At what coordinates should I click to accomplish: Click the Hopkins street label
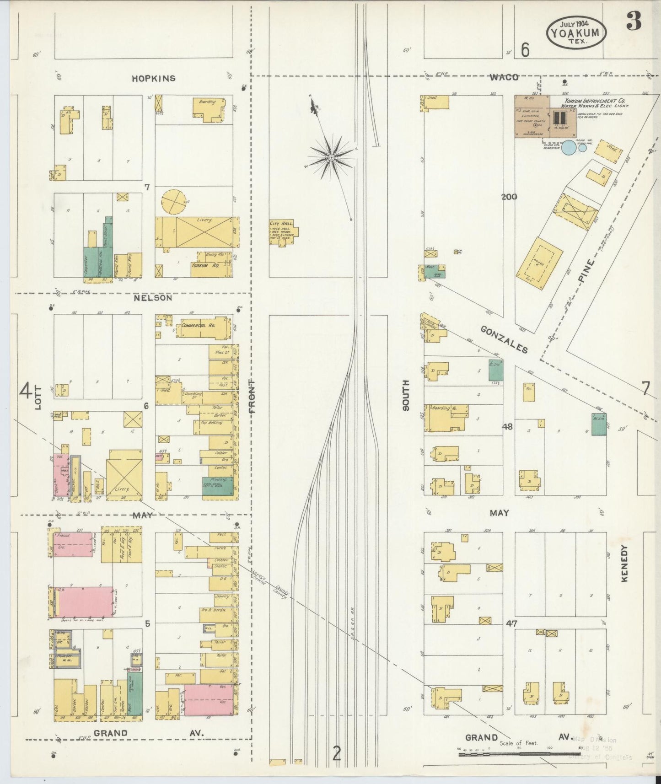pos(153,78)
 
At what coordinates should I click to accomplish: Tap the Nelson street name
pos(153,298)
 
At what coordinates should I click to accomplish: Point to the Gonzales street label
pos(504,339)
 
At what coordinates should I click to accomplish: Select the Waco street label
pos(504,77)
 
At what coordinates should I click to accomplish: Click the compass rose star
pos(330,157)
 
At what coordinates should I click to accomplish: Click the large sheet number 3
pos(634,21)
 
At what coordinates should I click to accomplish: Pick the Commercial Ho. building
pos(201,328)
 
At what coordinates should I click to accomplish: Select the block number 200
pos(509,197)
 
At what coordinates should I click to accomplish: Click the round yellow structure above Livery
pos(174,202)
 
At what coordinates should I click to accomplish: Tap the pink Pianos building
pos(72,544)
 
